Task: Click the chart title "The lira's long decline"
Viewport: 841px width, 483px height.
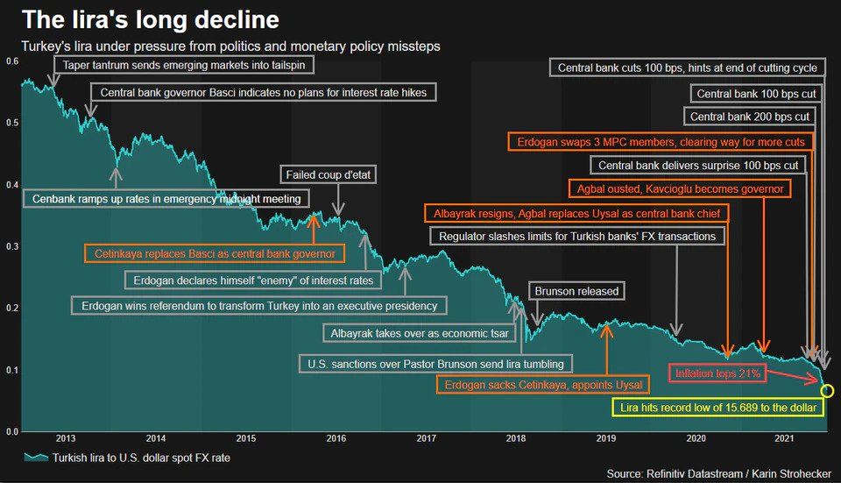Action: pyautogui.click(x=151, y=19)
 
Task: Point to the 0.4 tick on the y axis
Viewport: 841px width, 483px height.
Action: pyautogui.click(x=11, y=185)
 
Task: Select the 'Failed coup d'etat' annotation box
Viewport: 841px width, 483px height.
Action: pyautogui.click(x=329, y=175)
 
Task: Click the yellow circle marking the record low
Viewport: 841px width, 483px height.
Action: pyautogui.click(x=827, y=391)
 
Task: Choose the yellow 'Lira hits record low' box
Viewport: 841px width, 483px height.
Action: pyautogui.click(x=717, y=408)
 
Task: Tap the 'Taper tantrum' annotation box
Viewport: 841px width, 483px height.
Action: pyautogui.click(x=183, y=66)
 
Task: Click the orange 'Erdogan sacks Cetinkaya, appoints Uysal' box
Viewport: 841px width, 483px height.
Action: pyautogui.click(x=543, y=385)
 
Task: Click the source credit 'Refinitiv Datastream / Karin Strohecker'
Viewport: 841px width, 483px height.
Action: pyautogui.click(x=719, y=473)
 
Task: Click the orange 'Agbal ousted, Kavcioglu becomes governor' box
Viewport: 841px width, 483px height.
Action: pyautogui.click(x=679, y=188)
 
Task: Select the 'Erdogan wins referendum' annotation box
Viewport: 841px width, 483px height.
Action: pyautogui.click(x=258, y=305)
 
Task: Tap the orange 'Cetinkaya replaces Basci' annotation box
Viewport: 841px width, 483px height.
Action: pyautogui.click(x=214, y=254)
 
